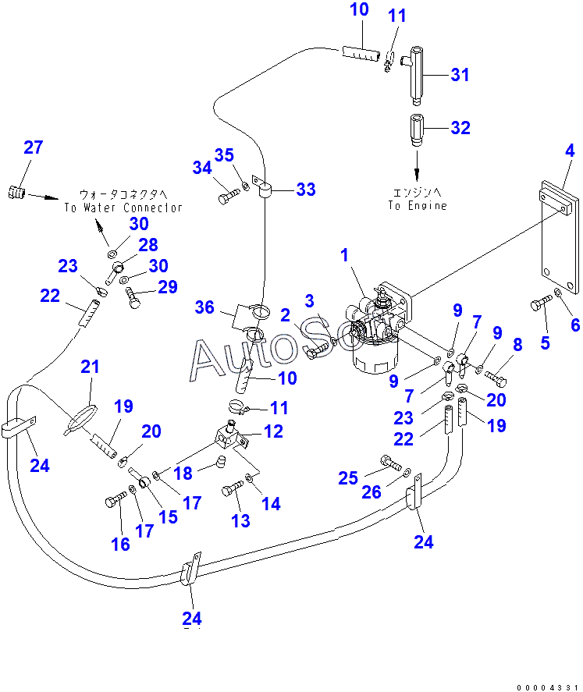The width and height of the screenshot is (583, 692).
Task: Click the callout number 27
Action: (x=34, y=147)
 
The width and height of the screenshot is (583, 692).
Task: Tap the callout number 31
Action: (x=460, y=75)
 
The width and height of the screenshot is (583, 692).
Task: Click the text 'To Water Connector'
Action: (x=123, y=208)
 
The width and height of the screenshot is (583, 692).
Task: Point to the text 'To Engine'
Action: (x=418, y=205)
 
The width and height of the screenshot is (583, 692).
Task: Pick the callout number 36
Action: (x=204, y=307)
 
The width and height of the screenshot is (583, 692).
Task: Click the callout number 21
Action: (x=90, y=367)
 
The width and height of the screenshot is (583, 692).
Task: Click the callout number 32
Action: (x=460, y=128)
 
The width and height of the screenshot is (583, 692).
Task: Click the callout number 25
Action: (x=348, y=478)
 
